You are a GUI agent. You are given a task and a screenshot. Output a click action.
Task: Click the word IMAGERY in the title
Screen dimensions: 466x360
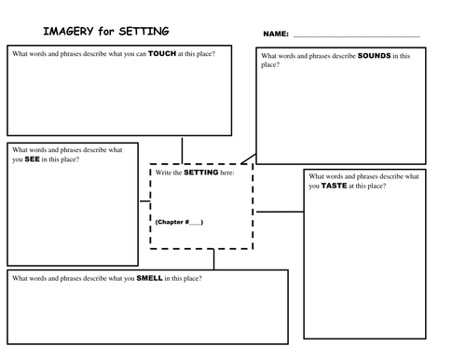pos(68,31)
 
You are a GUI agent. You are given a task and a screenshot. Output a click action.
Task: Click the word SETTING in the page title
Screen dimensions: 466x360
pos(144,31)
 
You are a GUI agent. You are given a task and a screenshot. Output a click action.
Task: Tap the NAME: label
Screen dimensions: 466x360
pos(276,34)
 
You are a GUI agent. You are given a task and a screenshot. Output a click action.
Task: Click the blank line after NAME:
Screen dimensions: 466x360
pos(357,36)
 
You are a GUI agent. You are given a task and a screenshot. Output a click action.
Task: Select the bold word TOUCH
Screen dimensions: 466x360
pos(162,53)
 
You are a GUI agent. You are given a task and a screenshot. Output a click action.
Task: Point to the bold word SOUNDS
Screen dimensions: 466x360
pos(374,56)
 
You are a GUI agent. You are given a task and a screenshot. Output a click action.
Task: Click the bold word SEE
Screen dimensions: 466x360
pos(32,159)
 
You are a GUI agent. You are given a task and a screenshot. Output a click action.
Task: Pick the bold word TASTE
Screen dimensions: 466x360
pos(334,186)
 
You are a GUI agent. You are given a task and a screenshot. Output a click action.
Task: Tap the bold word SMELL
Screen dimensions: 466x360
pos(149,278)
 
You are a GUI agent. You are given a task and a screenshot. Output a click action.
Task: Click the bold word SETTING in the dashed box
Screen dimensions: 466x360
pos(201,173)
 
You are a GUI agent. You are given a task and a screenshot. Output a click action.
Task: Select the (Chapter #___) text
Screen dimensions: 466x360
pos(179,222)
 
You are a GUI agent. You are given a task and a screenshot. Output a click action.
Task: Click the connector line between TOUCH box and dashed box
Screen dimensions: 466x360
pos(182,151)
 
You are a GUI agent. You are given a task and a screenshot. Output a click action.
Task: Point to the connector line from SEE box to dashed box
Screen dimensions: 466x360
pos(144,201)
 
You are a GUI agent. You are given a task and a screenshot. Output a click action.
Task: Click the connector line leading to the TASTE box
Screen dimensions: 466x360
pos(280,212)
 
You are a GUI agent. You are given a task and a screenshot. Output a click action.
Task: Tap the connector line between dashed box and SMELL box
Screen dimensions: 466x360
pos(213,259)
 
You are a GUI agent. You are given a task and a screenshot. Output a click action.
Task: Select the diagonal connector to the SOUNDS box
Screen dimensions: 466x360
pos(249,159)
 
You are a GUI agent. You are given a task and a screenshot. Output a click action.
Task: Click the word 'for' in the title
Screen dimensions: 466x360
pos(106,31)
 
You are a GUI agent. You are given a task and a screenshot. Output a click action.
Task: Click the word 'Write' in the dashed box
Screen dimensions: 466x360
pos(163,173)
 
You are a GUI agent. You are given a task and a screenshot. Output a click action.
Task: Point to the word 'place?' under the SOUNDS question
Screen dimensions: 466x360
pos(270,65)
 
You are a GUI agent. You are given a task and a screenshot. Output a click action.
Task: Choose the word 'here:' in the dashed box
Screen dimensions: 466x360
pos(227,173)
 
